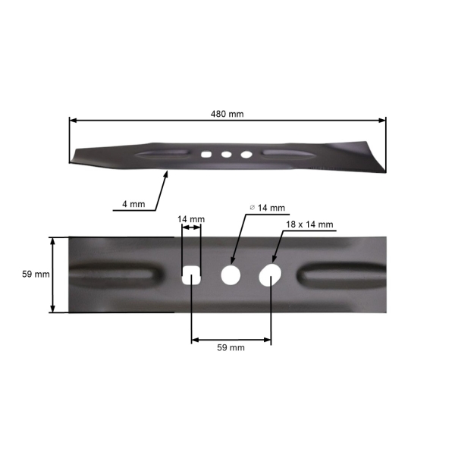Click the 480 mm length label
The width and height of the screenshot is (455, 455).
(x=227, y=114)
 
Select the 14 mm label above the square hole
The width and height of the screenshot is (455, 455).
(x=190, y=220)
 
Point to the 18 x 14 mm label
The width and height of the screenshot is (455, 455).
(x=310, y=224)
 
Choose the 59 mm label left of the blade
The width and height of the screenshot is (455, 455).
(x=36, y=275)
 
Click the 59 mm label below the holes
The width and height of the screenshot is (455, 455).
(x=231, y=347)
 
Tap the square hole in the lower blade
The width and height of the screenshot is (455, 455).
(x=191, y=275)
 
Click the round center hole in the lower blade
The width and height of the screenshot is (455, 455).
(x=230, y=275)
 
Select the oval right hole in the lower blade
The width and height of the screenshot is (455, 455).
(x=269, y=275)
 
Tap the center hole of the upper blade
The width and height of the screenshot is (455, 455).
(x=226, y=154)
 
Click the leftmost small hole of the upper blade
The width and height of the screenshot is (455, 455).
(x=206, y=154)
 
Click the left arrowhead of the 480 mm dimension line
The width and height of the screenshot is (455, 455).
(x=73, y=120)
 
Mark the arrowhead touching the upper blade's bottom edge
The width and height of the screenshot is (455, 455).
(x=167, y=174)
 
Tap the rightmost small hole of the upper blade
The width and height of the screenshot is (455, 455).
(x=246, y=154)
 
